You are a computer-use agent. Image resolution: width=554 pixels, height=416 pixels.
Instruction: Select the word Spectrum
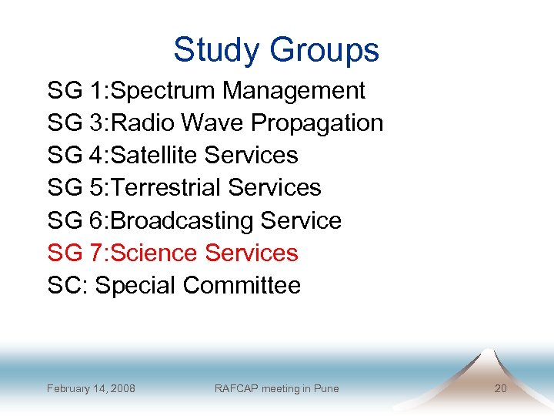pyautogui.click(x=164, y=91)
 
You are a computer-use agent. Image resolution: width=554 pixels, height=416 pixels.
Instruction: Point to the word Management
pyautogui.click(x=294, y=91)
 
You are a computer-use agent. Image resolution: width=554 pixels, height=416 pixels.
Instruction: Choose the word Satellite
pyautogui.click(x=155, y=156)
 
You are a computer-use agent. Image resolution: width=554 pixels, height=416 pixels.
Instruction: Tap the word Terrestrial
pyautogui.click(x=165, y=188)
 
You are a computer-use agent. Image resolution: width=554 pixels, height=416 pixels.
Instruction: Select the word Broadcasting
pyautogui.click(x=182, y=221)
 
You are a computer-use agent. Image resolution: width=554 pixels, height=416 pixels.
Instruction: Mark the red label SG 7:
pyautogui.click(x=75, y=253)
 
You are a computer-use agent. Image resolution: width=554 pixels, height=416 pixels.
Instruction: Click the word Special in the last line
pyautogui.click(x=135, y=286)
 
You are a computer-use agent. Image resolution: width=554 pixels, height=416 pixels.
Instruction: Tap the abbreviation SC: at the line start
pyautogui.click(x=67, y=286)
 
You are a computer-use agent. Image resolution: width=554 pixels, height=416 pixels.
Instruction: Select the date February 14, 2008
pyautogui.click(x=91, y=388)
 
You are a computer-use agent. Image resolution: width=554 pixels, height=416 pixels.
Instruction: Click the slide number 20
pyautogui.click(x=500, y=388)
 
